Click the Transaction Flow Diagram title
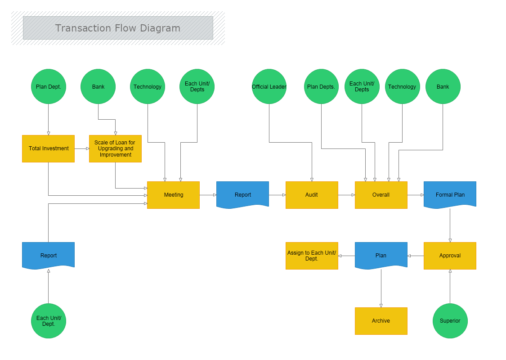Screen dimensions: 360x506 [x=118, y=28]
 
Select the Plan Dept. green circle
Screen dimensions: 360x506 [x=49, y=86]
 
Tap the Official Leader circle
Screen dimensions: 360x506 [x=269, y=86]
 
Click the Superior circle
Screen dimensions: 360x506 [x=450, y=320]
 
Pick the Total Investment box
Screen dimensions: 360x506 [x=49, y=148]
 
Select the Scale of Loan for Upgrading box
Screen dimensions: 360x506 [x=115, y=148]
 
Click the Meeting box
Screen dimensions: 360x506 [x=173, y=195]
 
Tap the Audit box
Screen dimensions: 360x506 [x=312, y=195]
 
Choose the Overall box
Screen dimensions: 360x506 [x=381, y=195]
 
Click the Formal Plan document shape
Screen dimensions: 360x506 [x=450, y=194]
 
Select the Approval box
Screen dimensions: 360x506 [x=450, y=256]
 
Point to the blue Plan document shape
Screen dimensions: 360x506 [x=381, y=255]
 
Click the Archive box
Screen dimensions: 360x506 [x=381, y=321]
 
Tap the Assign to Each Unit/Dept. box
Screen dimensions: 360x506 [x=312, y=256]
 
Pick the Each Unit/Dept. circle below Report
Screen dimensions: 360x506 [x=49, y=320]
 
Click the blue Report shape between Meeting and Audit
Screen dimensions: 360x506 [x=242, y=194]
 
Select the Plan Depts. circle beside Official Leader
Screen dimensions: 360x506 [x=321, y=86]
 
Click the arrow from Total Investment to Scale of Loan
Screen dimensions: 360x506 [x=82, y=148]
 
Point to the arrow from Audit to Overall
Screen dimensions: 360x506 [x=346, y=195]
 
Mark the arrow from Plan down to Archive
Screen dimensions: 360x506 [x=381, y=288]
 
